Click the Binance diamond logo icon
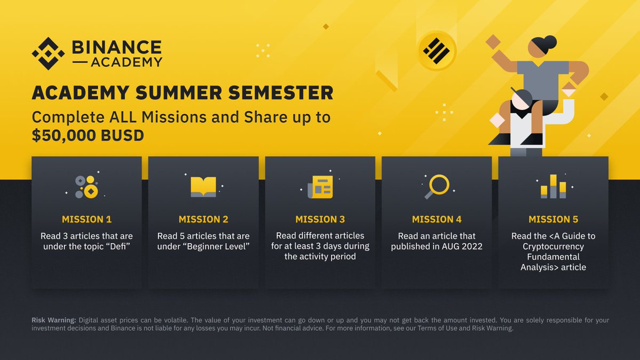coord(48,54)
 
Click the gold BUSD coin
coord(436,51)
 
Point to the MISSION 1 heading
coord(86,219)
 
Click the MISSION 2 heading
coord(203,219)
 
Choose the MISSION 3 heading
coord(320,219)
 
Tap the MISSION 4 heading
coord(436,219)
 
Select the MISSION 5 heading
coord(553,219)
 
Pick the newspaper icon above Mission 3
coord(320,187)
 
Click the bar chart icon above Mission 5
coord(554,187)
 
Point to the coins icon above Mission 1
coord(87,187)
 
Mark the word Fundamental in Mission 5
coord(553,257)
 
